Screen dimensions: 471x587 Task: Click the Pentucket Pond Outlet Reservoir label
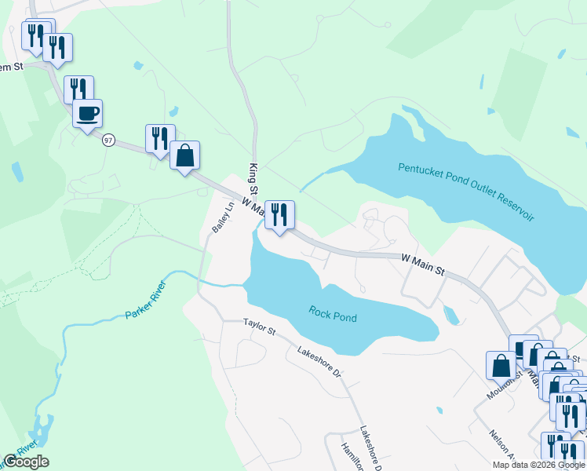466,192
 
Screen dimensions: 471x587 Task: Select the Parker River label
146,300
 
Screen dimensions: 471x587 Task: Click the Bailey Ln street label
223,217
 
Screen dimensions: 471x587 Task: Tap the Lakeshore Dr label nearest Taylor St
319,360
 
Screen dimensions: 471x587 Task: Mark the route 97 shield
108,139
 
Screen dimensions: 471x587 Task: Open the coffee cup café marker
87,113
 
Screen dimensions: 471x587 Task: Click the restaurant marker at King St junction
279,214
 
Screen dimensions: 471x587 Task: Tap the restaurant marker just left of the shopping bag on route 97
160,138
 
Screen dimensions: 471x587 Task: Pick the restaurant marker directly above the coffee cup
78,89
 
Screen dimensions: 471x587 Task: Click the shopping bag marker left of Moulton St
501,365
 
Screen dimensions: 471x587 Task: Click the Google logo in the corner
26,462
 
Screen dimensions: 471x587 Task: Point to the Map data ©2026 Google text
538,465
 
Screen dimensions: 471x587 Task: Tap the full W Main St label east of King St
423,264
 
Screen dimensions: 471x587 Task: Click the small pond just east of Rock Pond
450,315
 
